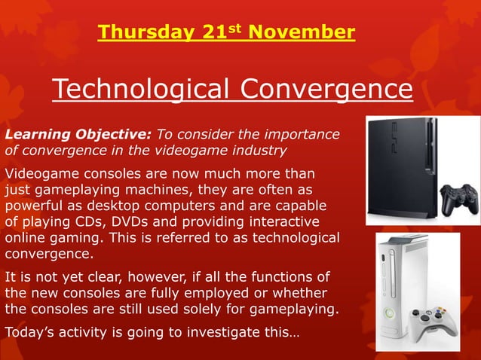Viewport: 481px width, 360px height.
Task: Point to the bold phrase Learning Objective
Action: (78, 135)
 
